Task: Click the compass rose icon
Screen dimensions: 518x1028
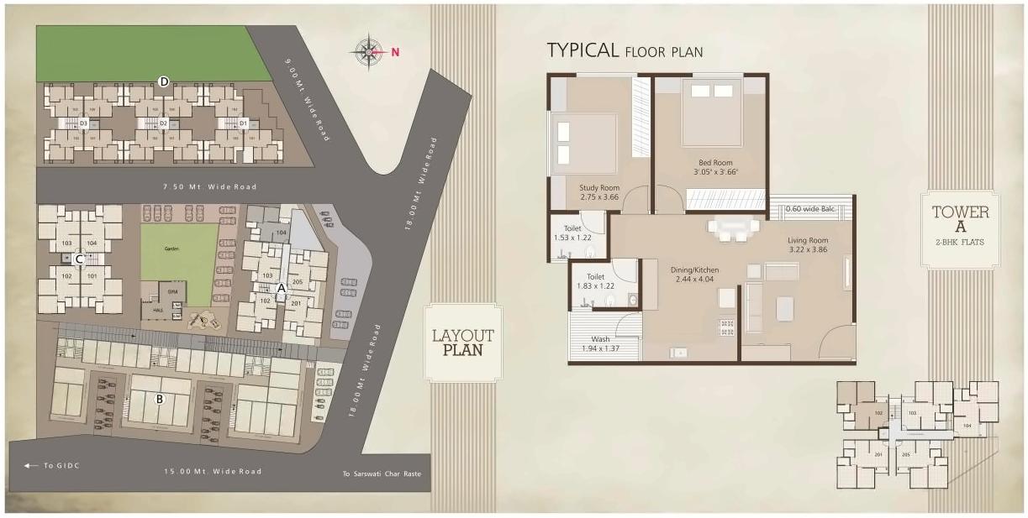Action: pos(368,52)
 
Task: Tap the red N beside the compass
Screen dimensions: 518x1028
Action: pos(395,52)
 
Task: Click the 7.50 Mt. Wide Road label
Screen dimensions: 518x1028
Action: pos(210,186)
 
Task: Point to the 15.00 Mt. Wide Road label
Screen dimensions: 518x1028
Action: pos(213,472)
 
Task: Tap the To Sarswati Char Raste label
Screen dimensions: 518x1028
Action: pos(381,474)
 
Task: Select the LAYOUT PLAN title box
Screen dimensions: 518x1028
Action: pos(463,343)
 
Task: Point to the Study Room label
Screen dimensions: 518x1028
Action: pos(599,192)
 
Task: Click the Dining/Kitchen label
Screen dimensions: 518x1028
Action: pos(694,274)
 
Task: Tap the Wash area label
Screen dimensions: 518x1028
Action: pos(600,343)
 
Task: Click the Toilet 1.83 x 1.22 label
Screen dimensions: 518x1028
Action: pos(595,280)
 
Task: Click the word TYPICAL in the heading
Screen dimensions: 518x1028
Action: pos(583,50)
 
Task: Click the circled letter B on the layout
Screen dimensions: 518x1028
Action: pos(159,399)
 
